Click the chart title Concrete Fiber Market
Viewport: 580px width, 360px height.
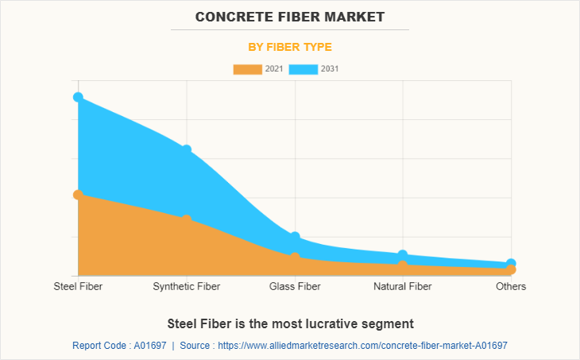click(289, 16)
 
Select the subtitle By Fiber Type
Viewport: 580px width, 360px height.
click(289, 47)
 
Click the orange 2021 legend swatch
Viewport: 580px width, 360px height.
click(247, 69)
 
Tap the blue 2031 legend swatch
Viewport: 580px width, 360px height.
click(304, 69)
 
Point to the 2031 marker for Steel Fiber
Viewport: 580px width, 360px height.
click(78, 97)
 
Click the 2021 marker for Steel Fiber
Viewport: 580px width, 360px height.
click(78, 195)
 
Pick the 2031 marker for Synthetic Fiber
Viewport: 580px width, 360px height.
click(187, 149)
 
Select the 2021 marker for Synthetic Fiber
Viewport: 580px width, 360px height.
click(187, 219)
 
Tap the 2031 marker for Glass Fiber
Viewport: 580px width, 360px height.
click(295, 237)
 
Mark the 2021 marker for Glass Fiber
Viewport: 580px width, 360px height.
click(295, 257)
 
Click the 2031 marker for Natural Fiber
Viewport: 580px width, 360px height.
click(403, 254)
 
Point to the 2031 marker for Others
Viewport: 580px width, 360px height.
click(511, 263)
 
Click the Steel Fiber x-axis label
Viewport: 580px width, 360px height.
click(78, 286)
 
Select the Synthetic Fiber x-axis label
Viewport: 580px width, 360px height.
click(187, 286)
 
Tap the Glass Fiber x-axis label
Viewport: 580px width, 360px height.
click(295, 286)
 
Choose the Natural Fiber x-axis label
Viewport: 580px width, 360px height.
click(403, 286)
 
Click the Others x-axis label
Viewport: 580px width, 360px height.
click(511, 286)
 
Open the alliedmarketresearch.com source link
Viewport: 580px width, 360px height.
click(362, 346)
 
